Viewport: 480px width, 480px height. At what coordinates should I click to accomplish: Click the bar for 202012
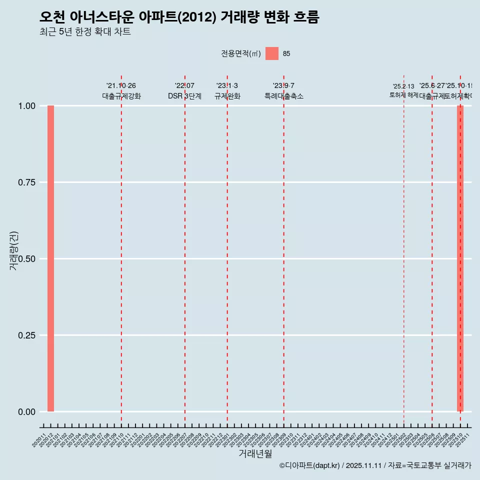(x=50, y=258)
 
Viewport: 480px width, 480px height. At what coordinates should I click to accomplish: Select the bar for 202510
(x=460, y=258)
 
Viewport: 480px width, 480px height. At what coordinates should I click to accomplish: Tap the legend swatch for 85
(x=272, y=53)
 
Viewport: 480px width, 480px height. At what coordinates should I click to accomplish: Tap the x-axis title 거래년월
(x=255, y=453)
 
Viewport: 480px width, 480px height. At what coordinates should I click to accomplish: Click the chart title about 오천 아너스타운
(x=179, y=17)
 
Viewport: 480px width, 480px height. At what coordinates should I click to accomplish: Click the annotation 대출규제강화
(x=121, y=96)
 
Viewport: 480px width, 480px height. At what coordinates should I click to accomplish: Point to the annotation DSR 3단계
(x=184, y=96)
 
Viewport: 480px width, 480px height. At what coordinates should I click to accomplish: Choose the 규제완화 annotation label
(x=227, y=96)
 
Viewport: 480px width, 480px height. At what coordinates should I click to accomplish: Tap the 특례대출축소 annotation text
(x=284, y=96)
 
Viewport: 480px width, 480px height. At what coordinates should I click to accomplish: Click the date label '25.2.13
(x=403, y=86)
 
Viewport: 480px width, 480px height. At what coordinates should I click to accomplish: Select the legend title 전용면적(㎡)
(x=240, y=53)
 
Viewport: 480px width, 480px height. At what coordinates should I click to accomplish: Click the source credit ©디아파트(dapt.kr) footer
(x=375, y=466)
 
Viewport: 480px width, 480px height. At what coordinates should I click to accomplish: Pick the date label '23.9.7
(x=283, y=86)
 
